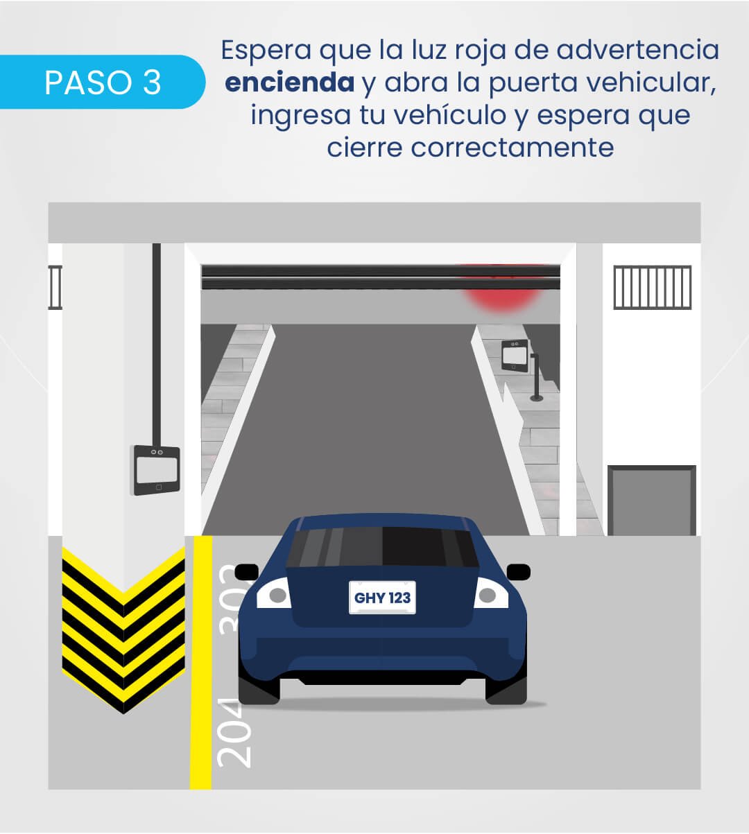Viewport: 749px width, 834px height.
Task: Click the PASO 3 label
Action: point(103,82)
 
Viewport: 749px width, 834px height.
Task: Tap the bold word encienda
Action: point(289,82)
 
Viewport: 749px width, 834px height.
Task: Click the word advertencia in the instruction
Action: point(638,50)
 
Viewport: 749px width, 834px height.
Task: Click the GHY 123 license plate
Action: point(382,598)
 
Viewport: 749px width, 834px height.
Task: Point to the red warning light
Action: point(503,293)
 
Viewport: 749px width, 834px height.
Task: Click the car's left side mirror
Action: point(247,572)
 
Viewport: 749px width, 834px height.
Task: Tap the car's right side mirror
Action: point(519,572)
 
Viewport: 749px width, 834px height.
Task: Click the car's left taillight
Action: point(274,593)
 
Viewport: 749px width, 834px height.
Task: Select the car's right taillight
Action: point(491,593)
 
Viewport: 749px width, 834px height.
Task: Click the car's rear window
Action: point(383,547)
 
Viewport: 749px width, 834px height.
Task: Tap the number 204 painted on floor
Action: point(234,733)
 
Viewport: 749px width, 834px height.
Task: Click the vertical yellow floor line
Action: point(201,662)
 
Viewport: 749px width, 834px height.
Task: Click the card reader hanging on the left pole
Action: point(157,471)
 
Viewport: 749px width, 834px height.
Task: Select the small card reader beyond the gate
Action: point(515,356)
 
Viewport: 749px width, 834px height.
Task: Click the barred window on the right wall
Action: point(652,287)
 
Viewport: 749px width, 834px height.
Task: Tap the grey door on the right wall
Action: point(652,501)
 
